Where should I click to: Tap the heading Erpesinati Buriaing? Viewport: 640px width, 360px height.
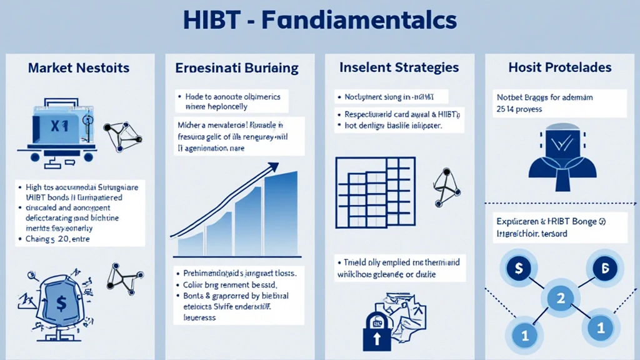coord(237,67)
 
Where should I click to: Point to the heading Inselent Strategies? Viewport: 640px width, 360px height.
coord(399,67)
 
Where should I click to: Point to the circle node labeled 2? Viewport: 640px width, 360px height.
coord(560,298)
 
